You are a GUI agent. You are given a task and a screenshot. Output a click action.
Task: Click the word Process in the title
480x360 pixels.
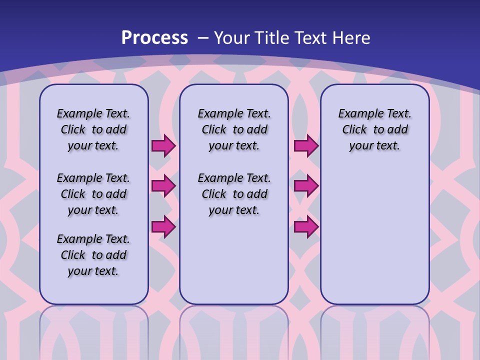[x=154, y=37]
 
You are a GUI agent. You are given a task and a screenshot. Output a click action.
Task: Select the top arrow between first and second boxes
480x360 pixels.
[x=163, y=146]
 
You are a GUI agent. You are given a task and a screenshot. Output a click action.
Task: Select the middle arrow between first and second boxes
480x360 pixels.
[x=163, y=186]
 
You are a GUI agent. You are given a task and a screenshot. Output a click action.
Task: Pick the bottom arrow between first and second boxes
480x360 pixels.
[x=163, y=227]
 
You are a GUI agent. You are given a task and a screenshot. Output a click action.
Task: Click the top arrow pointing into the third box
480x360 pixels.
[x=306, y=146]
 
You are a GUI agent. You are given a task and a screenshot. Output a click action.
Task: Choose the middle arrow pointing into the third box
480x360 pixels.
[x=306, y=186]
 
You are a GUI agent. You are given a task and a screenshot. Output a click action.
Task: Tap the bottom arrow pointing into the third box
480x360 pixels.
[x=306, y=227]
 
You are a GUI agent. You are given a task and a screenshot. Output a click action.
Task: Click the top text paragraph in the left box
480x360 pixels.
[x=93, y=129]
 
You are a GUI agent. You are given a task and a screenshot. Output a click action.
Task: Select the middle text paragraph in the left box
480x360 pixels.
[x=93, y=194]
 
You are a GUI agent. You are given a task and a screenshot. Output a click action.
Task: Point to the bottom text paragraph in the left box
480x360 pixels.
[x=93, y=255]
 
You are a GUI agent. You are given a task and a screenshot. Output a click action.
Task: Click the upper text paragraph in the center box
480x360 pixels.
[x=234, y=129]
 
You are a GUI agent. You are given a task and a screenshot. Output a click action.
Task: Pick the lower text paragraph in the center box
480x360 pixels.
[x=234, y=194]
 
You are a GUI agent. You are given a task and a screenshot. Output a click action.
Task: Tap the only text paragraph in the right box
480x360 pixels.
[x=374, y=129]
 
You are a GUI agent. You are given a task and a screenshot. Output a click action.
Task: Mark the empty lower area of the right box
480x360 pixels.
[x=374, y=235]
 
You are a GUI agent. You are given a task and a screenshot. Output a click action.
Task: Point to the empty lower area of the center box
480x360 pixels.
[x=234, y=260]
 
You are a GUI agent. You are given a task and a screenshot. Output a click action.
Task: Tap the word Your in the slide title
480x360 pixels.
[x=231, y=37]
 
